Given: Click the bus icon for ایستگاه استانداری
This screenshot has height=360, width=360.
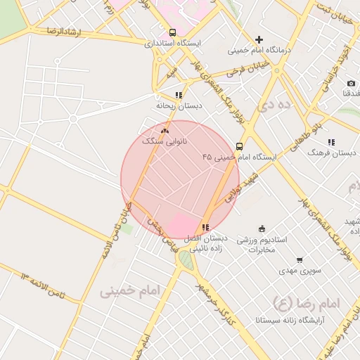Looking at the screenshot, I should click(173, 32).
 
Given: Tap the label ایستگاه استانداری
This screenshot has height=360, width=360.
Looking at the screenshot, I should click(173, 43).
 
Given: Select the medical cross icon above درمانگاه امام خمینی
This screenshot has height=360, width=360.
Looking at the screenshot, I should click(259, 39).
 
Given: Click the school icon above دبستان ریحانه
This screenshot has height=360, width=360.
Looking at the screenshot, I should click(179, 95).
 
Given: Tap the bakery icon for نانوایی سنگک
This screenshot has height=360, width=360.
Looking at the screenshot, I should click(165, 130).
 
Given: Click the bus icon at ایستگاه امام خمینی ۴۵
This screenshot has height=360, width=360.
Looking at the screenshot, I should click(240, 147).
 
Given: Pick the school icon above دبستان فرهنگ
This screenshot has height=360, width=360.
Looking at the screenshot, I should click(331, 142).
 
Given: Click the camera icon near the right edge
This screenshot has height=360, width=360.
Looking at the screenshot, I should click(351, 84).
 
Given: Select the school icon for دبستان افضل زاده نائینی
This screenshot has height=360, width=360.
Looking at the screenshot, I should click(205, 227).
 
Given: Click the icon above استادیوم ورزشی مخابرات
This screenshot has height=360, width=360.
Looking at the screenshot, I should click(262, 228).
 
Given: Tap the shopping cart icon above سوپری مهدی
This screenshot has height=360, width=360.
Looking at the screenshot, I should click(300, 259).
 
